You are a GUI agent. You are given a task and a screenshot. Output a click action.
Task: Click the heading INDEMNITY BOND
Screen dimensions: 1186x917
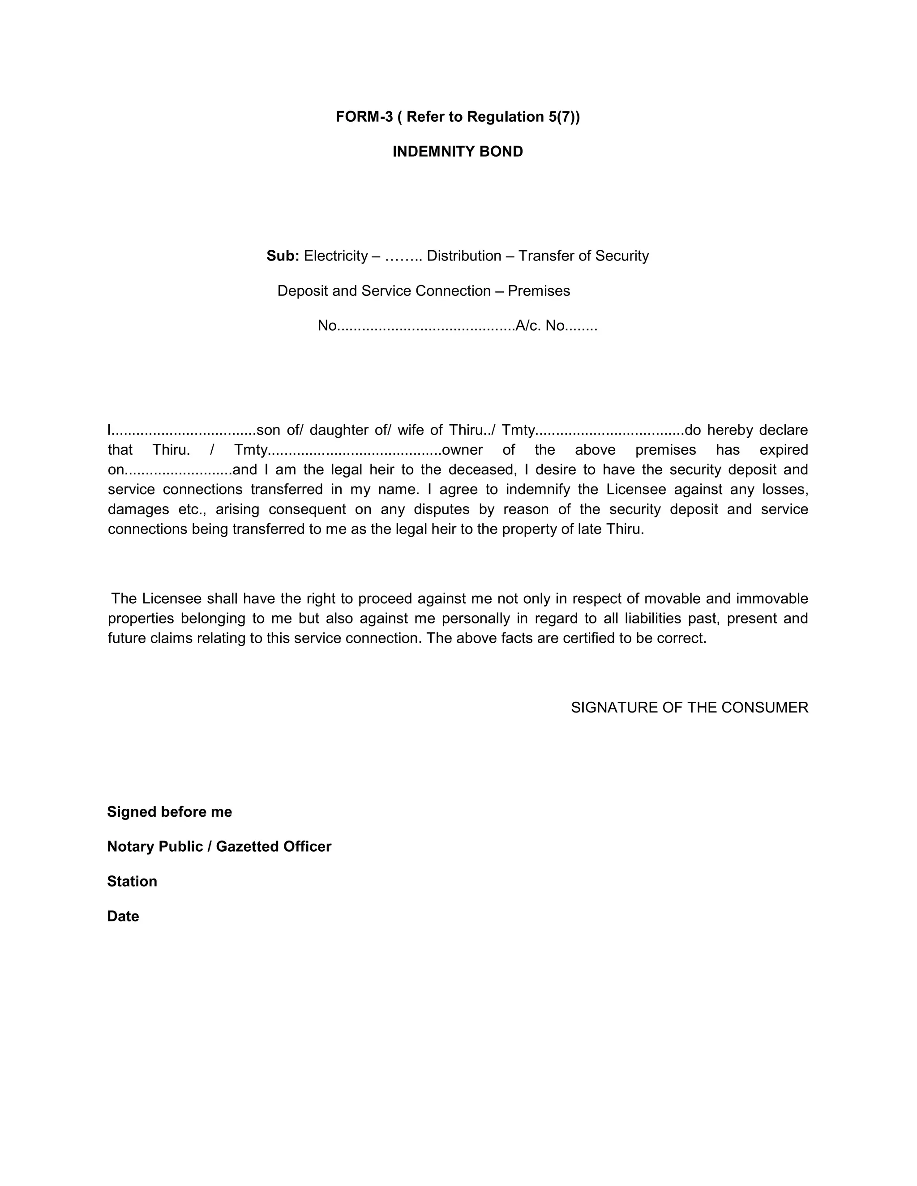(458, 152)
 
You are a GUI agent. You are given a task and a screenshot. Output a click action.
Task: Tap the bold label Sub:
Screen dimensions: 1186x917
(283, 256)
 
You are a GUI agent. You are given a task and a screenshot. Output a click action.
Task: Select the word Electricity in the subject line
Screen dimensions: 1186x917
(335, 256)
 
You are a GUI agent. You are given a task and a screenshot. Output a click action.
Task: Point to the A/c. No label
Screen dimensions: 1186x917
(540, 326)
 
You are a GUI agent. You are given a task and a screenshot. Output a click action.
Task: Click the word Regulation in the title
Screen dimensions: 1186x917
(497, 117)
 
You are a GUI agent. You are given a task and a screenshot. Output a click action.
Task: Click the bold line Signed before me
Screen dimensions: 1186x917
(170, 812)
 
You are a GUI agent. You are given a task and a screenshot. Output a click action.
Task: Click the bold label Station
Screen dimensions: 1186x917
(132, 881)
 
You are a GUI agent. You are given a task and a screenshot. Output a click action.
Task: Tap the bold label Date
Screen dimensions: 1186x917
(123, 916)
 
